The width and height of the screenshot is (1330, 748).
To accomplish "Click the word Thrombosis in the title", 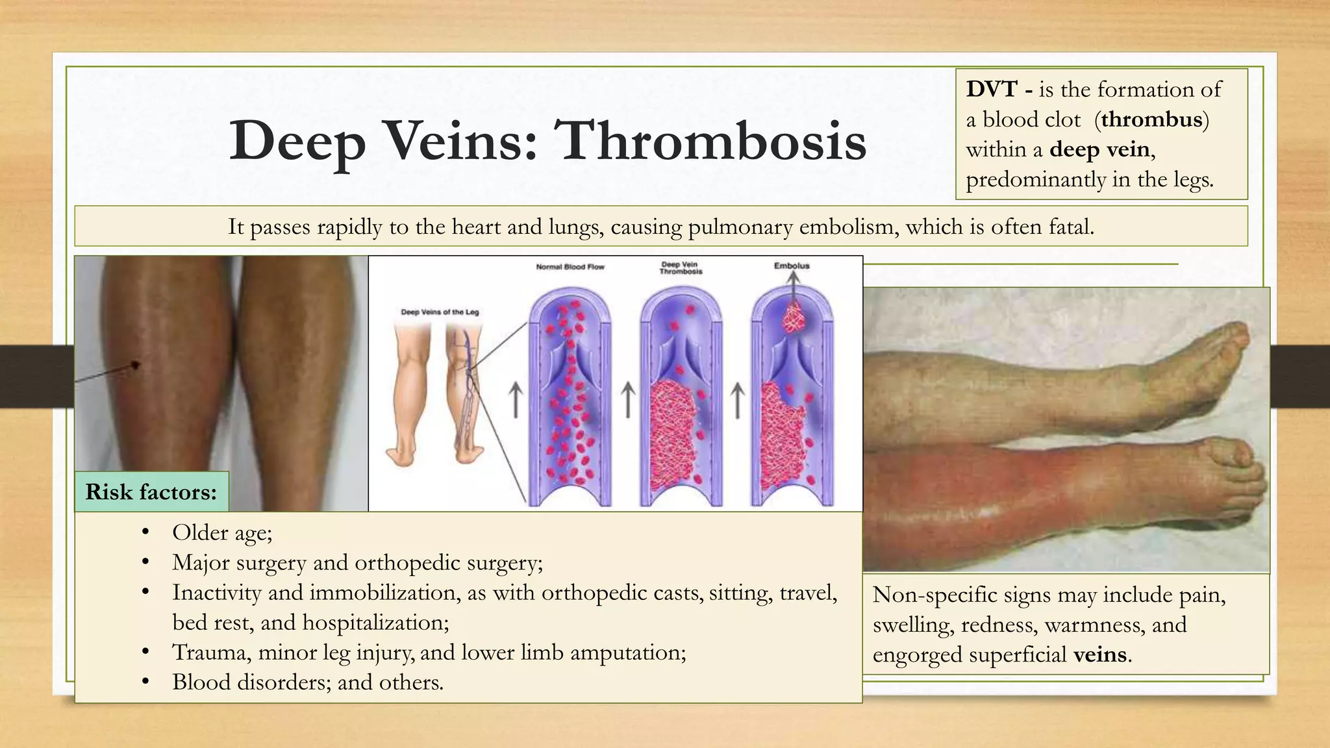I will click(x=712, y=141).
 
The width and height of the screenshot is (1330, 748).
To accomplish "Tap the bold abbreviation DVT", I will click(x=991, y=89).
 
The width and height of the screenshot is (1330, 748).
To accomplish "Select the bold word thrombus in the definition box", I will click(x=1151, y=119).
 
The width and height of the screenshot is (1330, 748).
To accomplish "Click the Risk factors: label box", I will click(x=151, y=492).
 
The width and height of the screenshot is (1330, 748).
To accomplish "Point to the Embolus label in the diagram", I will click(x=792, y=266).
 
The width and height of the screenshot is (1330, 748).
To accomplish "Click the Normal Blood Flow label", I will click(x=570, y=267).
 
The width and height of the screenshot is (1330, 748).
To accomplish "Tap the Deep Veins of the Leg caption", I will click(x=440, y=312).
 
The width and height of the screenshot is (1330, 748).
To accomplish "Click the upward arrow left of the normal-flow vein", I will click(x=515, y=399).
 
